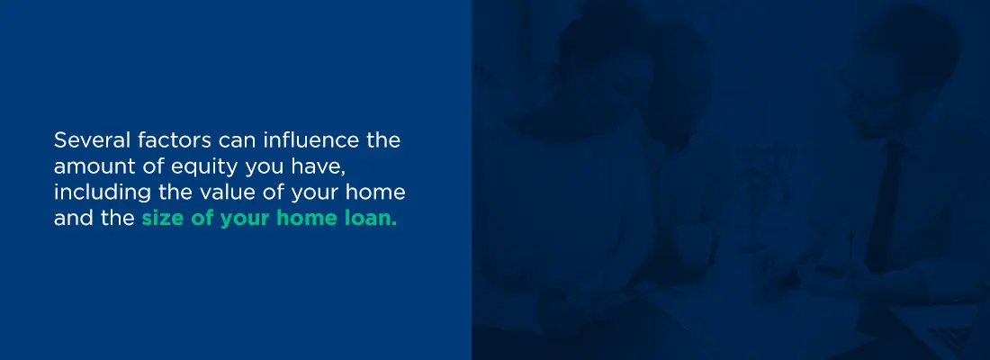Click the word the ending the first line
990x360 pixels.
point(384,139)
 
